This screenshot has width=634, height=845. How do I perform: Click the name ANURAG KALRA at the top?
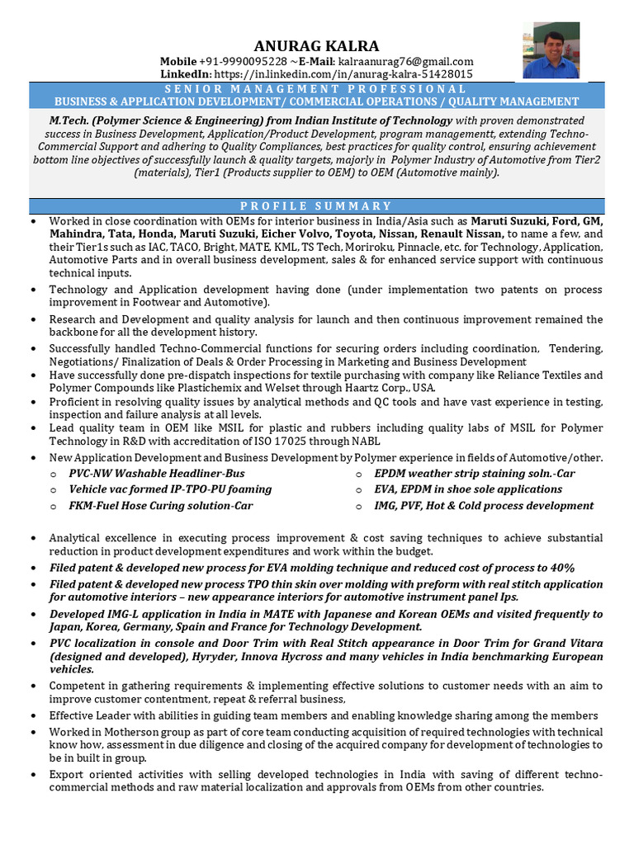point(317,45)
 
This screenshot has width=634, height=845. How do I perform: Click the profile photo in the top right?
point(551,50)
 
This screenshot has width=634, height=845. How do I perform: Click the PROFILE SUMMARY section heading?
point(317,205)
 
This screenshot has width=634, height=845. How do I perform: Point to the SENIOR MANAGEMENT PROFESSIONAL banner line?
point(317,89)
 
